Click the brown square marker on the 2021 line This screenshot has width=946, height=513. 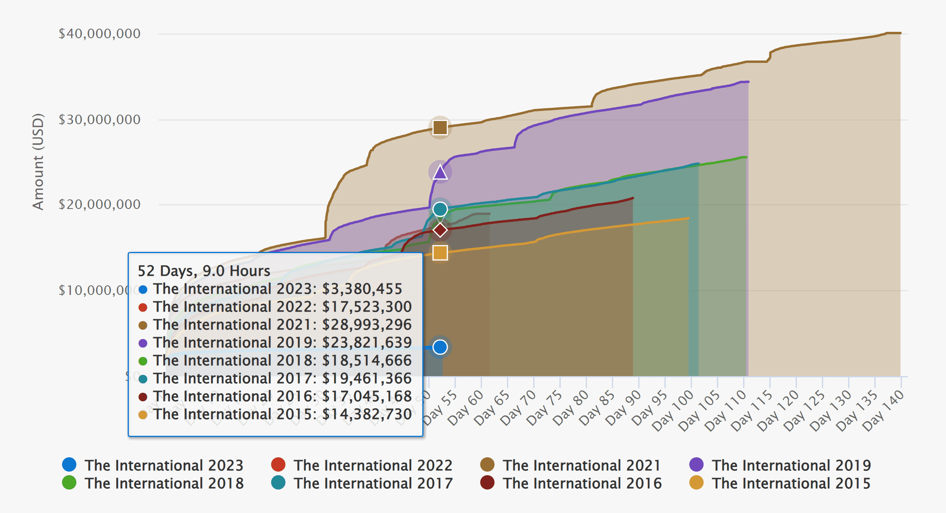[440, 128]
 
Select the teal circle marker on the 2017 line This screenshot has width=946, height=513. [440, 209]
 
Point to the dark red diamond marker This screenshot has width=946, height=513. [440, 230]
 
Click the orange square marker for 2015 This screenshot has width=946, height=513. [440, 253]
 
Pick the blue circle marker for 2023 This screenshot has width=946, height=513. [440, 347]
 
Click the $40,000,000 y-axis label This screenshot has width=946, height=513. [99, 33]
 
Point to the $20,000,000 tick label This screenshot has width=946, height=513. [99, 205]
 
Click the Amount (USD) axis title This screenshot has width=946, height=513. [38, 162]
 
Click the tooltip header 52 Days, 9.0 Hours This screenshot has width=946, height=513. [204, 271]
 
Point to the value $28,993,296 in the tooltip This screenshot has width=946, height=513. [367, 325]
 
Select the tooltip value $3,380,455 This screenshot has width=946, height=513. [362, 289]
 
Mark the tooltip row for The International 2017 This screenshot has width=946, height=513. [275, 378]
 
